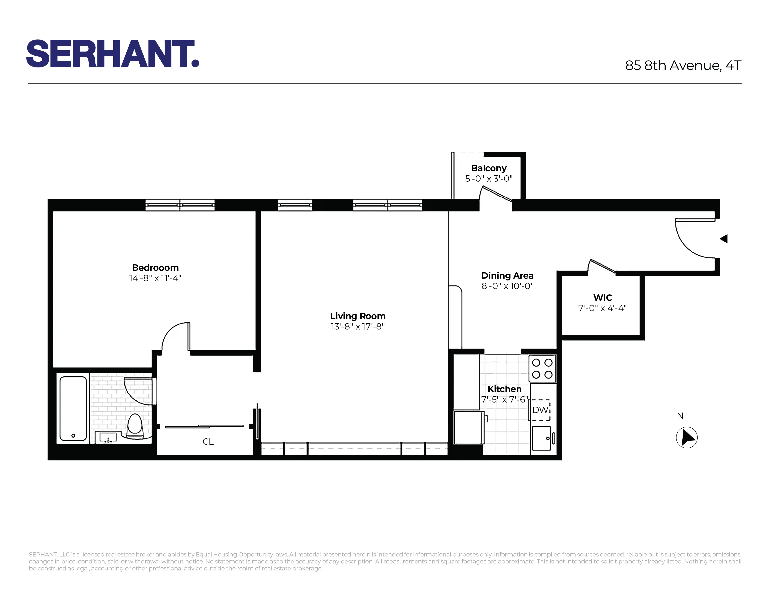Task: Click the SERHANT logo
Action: [113, 54]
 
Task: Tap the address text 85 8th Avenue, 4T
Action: [683, 65]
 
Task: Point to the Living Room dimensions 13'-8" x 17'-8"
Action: [358, 326]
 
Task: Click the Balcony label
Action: [488, 168]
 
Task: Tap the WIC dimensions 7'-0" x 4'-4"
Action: [602, 308]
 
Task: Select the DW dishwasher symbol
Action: [540, 410]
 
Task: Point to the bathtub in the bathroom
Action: [73, 408]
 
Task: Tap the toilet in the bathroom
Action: [134, 425]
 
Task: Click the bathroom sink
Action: [108, 438]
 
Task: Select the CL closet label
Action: [208, 442]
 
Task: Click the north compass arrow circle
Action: [686, 438]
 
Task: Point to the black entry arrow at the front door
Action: [724, 239]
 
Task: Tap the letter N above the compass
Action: [680, 416]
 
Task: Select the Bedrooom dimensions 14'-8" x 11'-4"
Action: [155, 278]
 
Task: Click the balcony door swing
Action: [496, 194]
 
